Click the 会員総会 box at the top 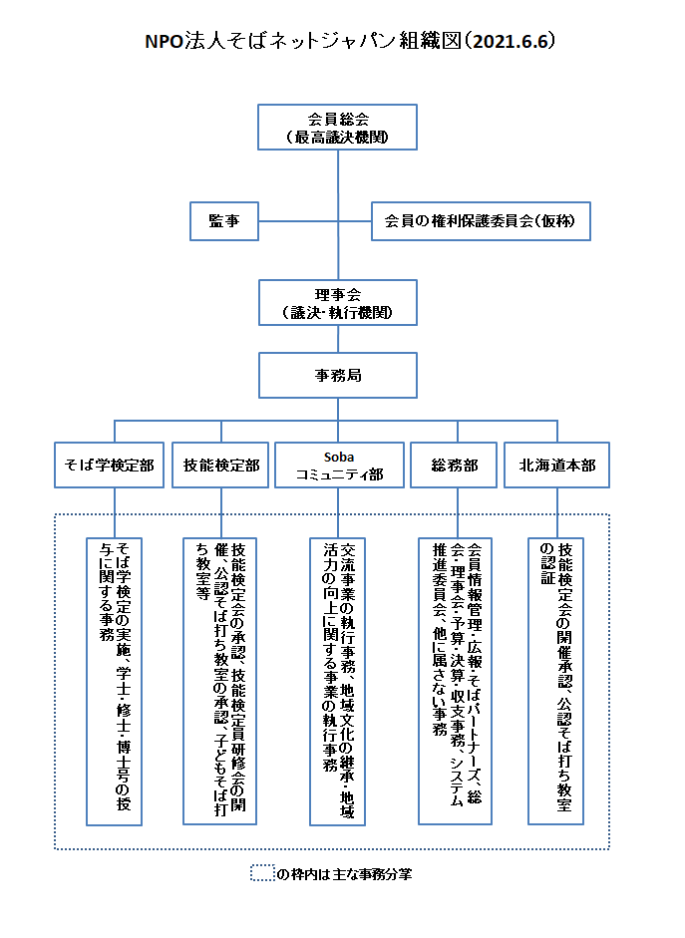point(337,128)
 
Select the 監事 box point(224,221)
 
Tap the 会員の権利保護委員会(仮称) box point(481,221)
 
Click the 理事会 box point(338,303)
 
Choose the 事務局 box point(338,375)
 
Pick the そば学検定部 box point(109,466)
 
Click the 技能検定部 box point(220,466)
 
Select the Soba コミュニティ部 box point(339,466)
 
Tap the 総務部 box point(454,466)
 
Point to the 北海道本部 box point(557,466)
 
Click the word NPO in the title point(165,41)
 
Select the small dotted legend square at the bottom point(262,873)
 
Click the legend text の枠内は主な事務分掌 point(344,874)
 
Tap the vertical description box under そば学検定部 point(115,682)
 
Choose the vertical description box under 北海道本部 point(555,682)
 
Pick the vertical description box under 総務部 point(456,682)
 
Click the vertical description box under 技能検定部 point(220,682)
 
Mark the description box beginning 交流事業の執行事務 point(337,682)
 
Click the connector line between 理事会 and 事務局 point(338,339)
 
